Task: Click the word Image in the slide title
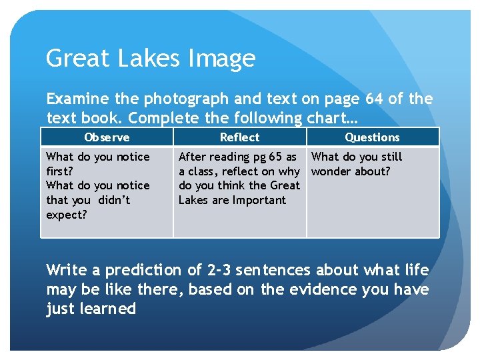(223, 59)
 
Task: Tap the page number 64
(374, 99)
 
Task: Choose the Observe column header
(107, 137)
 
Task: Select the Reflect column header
(239, 137)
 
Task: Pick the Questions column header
(372, 137)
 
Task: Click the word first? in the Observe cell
(59, 171)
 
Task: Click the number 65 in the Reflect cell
(275, 157)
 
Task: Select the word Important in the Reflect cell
(259, 200)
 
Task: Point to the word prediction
(133, 270)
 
